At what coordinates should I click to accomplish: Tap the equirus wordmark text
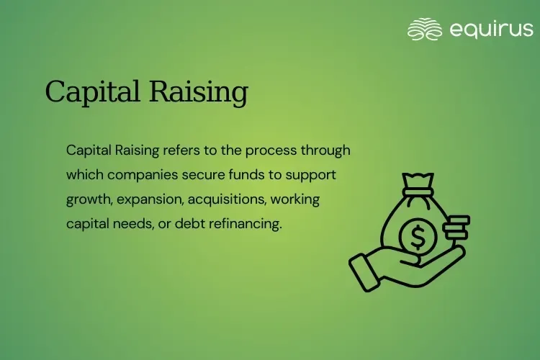[x=491, y=29]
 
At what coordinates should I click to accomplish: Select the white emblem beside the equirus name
[x=424, y=30]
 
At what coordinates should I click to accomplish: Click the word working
[x=294, y=199]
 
